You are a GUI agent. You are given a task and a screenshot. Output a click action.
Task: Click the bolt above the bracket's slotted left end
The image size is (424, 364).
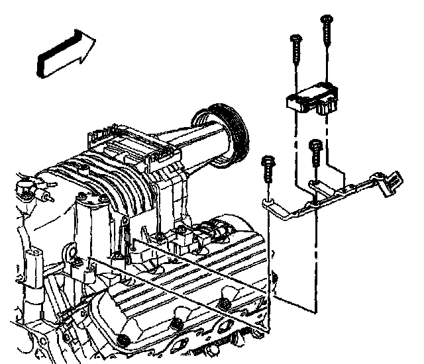(x=268, y=169)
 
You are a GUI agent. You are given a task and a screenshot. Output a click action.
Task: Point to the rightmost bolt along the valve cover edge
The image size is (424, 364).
(x=225, y=304)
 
